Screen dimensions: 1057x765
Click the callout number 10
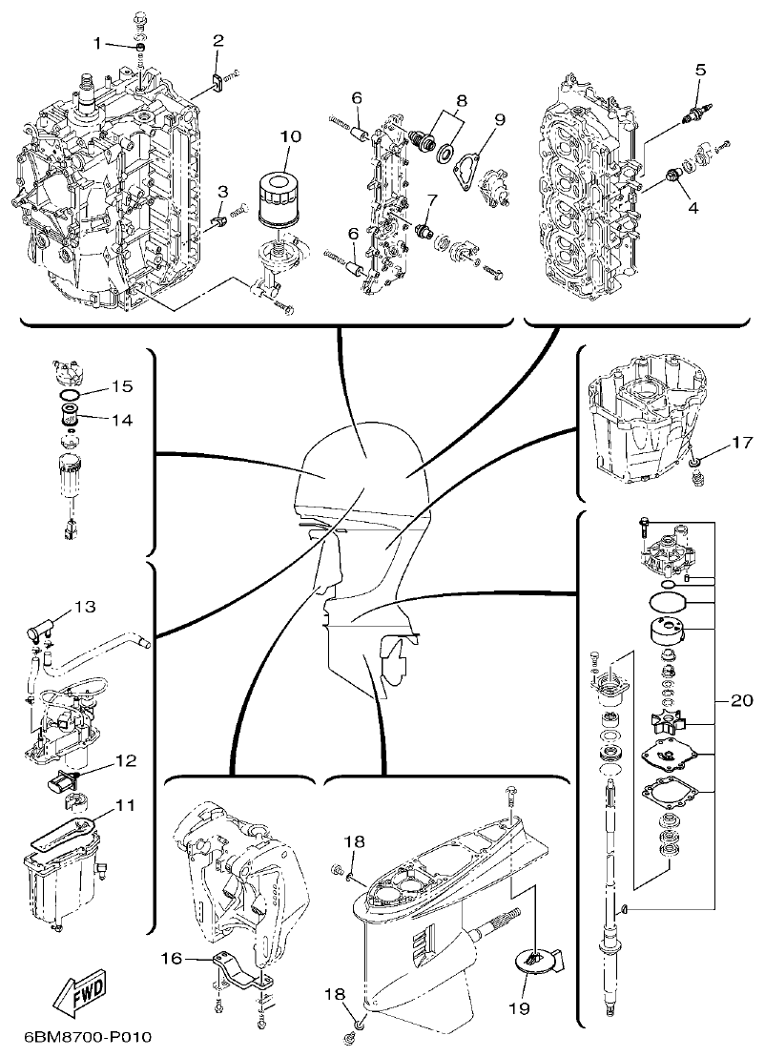tap(290, 137)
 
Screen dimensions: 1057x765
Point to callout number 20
tap(741, 700)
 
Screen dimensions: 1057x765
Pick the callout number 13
tap(86, 606)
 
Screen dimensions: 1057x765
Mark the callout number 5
tap(700, 69)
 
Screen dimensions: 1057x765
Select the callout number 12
tap(125, 761)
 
